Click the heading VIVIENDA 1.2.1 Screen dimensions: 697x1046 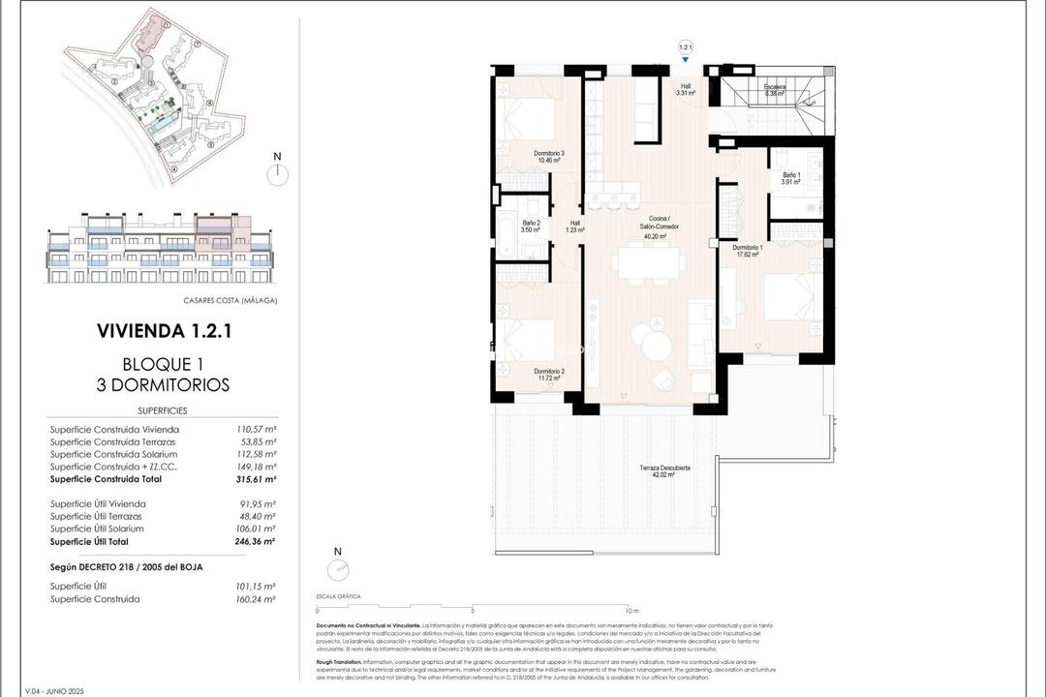pyautogui.click(x=164, y=331)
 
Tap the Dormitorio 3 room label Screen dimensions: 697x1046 pyautogui.click(x=549, y=158)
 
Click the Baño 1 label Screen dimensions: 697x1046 pyautogui.click(x=791, y=178)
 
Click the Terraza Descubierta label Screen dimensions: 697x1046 pyautogui.click(x=664, y=471)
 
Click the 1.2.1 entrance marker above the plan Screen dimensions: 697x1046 pyautogui.click(x=686, y=47)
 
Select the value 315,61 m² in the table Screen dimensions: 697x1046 pyautogui.click(x=257, y=479)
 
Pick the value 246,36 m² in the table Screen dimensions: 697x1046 pyautogui.click(x=257, y=541)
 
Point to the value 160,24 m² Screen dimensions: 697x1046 pyautogui.click(x=257, y=599)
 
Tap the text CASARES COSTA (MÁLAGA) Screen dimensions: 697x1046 pyautogui.click(x=230, y=300)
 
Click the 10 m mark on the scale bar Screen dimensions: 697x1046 pyautogui.click(x=631, y=611)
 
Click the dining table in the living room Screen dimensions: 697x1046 pyautogui.click(x=650, y=262)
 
